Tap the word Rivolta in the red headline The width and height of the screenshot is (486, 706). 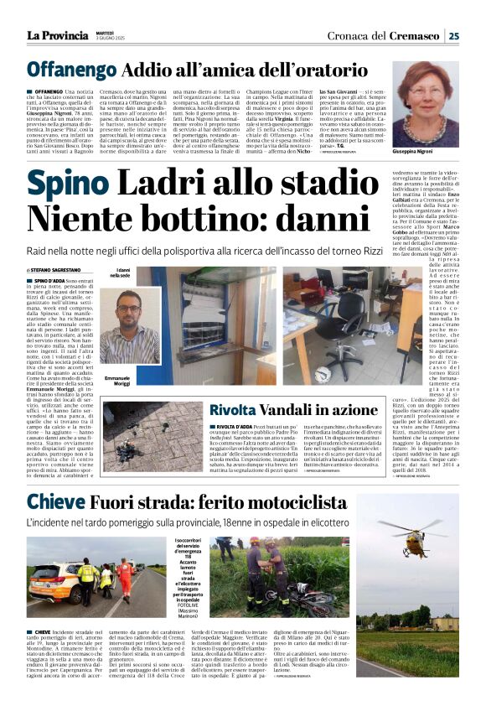point(239,410)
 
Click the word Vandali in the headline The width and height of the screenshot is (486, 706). point(304,410)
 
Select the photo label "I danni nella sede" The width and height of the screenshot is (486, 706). point(121,272)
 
